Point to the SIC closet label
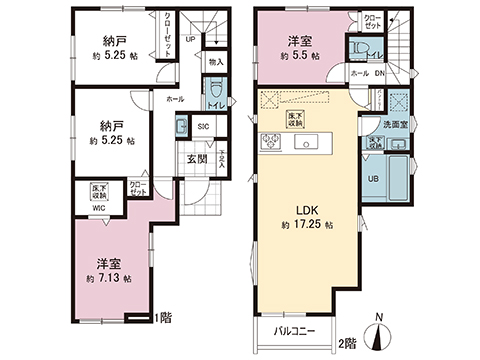[x=203, y=127]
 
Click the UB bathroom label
[x=374, y=179]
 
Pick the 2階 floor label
[x=347, y=343]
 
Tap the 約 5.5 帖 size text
[x=301, y=57]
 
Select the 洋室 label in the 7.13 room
[x=109, y=262]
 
